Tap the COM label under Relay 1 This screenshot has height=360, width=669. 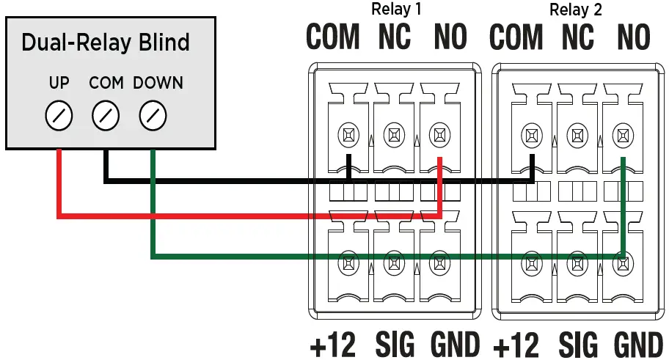tap(333, 37)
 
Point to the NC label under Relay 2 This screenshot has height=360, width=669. tap(577, 37)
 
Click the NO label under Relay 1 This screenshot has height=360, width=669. tap(450, 37)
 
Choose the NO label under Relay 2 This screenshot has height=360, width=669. tap(632, 37)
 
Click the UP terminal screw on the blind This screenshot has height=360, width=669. tap(59, 115)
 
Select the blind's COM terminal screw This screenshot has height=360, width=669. tap(106, 115)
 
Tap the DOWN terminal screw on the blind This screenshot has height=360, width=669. tap(153, 115)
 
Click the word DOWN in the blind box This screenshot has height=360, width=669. tap(158, 83)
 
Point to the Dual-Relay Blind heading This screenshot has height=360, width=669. tap(106, 43)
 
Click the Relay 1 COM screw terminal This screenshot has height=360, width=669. tap(348, 135)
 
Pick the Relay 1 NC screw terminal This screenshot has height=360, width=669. tap(394, 135)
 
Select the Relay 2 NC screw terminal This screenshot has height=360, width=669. tap(577, 135)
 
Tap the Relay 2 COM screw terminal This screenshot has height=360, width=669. tap(530, 135)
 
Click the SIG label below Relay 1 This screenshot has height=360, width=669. tap(395, 344)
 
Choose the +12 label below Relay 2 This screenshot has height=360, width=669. tap(516, 344)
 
